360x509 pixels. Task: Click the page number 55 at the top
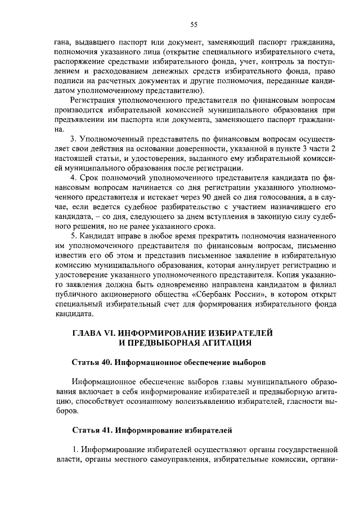194,24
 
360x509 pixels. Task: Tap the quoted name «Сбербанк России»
237,295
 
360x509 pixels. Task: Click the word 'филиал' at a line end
324,285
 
